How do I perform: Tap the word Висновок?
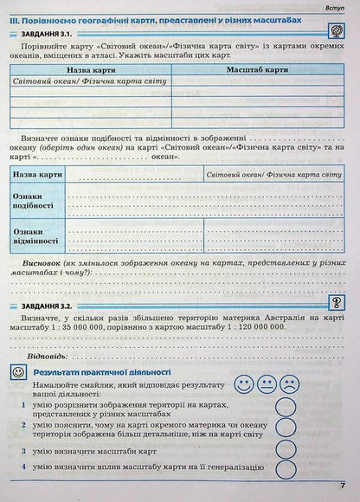click(50, 261)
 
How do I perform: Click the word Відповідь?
click(48, 356)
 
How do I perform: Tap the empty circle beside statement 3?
click(287, 450)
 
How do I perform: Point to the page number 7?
click(344, 486)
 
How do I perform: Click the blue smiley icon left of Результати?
click(17, 371)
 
